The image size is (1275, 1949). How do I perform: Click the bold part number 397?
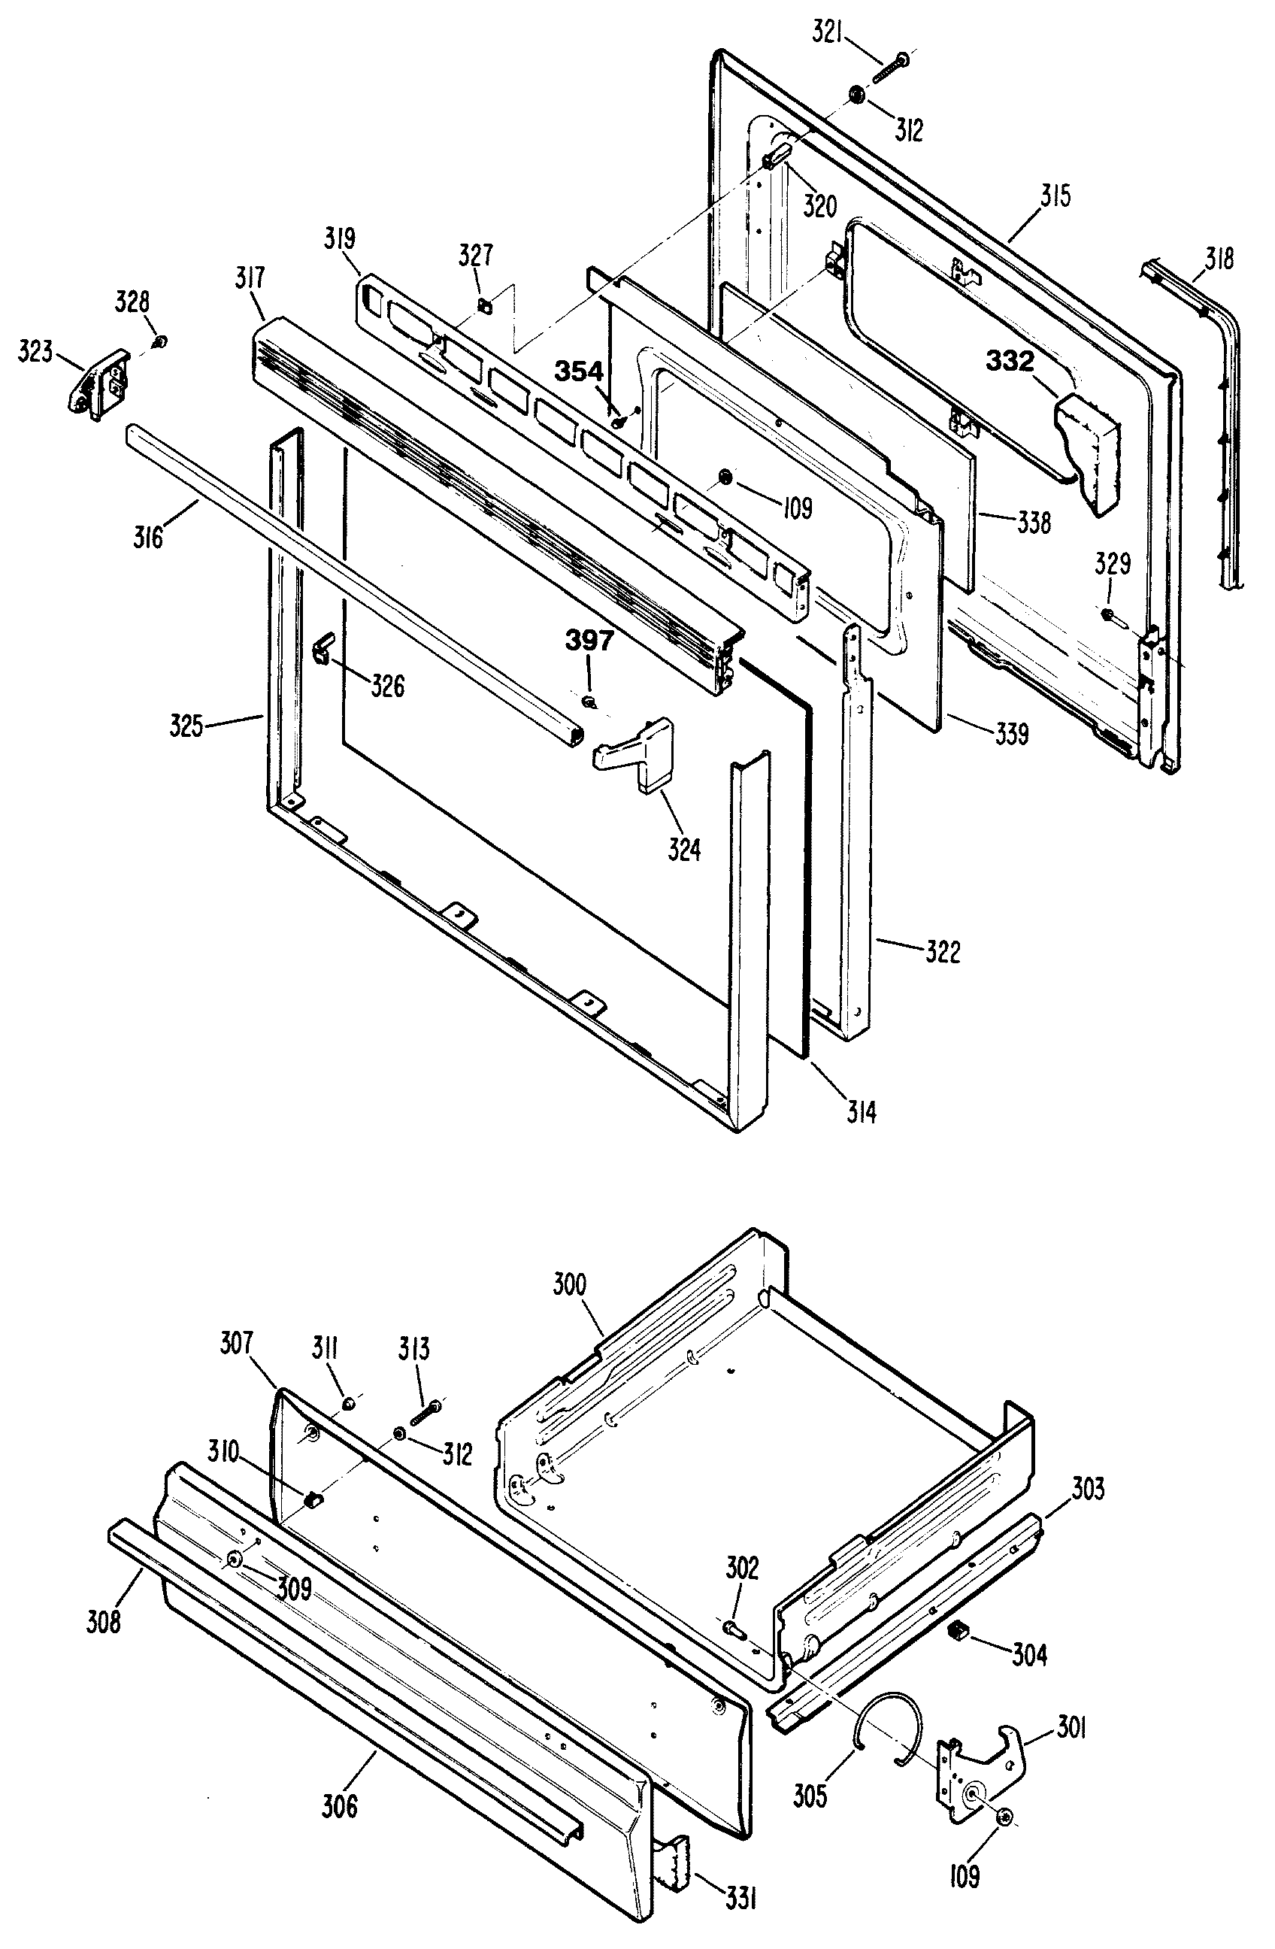pos(589,641)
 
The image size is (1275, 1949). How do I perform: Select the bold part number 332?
pos(1009,361)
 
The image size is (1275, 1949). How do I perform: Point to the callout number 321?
pos(828,35)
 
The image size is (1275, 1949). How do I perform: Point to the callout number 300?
pos(569,1284)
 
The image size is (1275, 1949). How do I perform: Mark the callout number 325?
pos(186,726)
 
